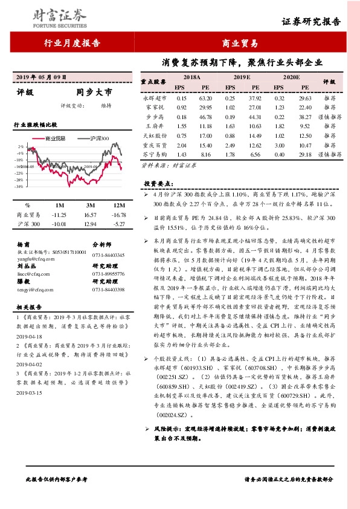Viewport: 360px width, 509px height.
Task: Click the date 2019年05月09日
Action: point(39,76)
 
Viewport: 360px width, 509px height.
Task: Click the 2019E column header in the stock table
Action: point(242,78)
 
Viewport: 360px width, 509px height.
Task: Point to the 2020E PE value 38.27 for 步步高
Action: point(304,117)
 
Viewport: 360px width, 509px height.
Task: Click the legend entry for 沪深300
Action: point(97,138)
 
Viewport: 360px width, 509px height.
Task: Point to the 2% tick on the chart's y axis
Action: point(21,146)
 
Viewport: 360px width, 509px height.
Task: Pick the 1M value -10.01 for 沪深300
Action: point(59,224)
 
